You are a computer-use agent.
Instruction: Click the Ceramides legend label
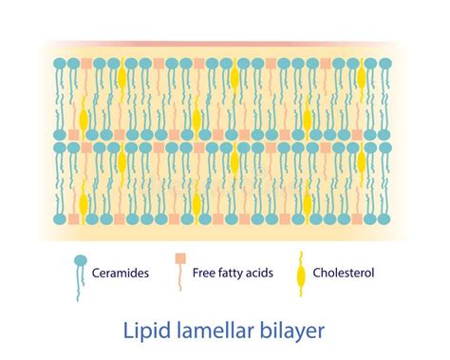121,274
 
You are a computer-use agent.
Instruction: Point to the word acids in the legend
259,274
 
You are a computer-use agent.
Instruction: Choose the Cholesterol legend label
345,274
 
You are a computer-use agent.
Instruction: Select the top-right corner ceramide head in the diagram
385,65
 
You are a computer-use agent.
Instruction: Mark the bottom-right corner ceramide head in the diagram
385,218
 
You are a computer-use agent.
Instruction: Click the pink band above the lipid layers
224,44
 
